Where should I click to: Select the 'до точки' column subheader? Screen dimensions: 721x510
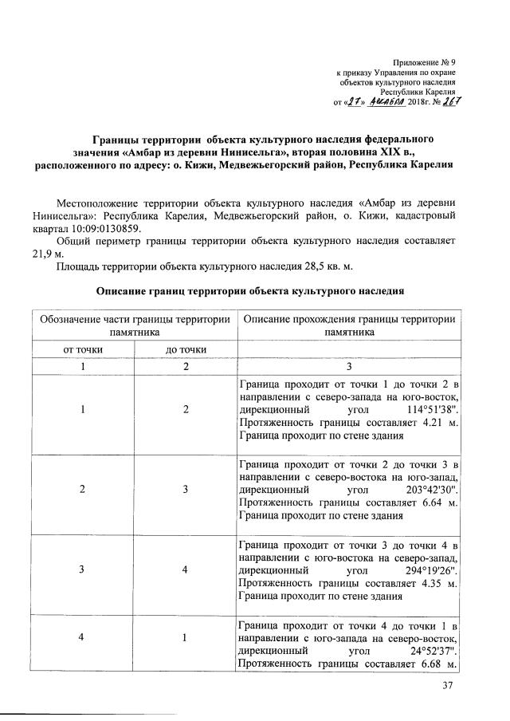185,349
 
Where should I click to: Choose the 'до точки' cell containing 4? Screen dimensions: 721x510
185,570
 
